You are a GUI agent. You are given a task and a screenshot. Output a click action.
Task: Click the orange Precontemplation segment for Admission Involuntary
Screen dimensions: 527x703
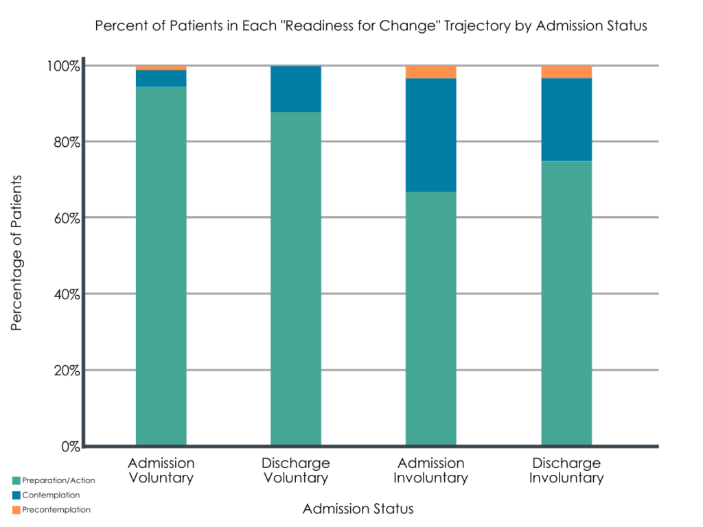430,72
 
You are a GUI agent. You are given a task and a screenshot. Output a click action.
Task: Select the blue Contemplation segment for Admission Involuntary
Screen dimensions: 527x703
430,134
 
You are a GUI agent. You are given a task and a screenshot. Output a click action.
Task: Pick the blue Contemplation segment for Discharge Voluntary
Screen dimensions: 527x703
296,89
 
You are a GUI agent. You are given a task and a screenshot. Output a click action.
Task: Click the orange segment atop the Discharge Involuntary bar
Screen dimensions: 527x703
566,72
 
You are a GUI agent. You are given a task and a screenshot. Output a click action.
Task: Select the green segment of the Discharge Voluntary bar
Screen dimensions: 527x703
296,279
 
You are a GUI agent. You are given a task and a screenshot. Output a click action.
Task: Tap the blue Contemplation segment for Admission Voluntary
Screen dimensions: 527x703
161,78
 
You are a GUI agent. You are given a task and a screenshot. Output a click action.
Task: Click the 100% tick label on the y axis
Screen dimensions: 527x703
63,67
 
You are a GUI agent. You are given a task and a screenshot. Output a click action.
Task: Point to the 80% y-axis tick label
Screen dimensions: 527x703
65,143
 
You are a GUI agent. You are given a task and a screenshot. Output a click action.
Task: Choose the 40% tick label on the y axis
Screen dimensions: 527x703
65,294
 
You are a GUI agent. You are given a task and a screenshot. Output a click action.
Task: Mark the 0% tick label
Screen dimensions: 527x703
69,447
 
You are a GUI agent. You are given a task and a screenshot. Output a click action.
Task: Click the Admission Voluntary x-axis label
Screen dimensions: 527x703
161,470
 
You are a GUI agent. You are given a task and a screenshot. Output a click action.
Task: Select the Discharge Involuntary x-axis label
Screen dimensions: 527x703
566,470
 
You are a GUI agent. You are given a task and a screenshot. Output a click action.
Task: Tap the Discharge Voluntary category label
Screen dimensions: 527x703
296,470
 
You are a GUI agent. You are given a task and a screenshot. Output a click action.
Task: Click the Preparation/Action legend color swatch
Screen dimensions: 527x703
16,480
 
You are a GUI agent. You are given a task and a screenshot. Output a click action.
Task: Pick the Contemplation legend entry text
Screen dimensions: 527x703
51,495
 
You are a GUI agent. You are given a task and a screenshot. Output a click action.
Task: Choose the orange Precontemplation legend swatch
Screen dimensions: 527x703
16,509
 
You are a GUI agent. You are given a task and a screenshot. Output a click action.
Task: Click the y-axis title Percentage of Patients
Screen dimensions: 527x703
17,253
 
